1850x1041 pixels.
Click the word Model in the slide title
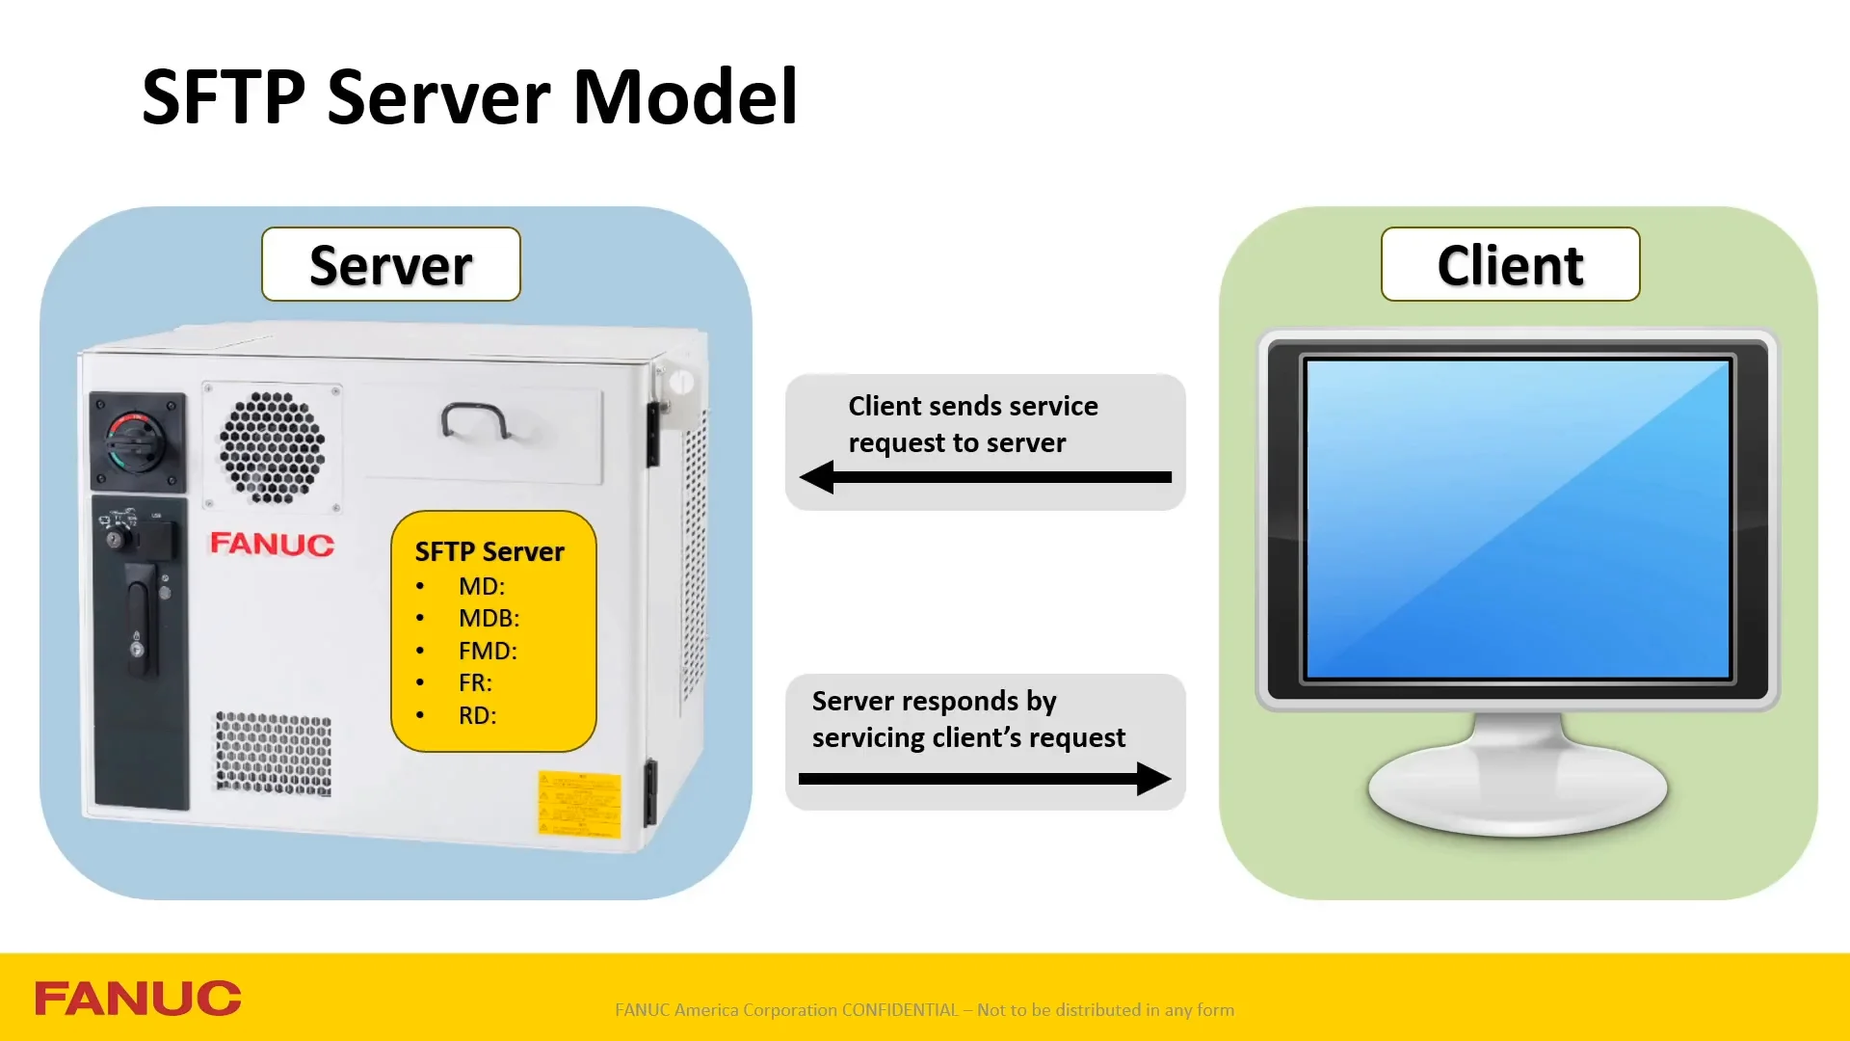tap(685, 97)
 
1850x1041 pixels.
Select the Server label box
tap(391, 265)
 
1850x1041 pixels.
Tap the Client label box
tap(1510, 265)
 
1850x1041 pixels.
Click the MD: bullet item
tap(481, 586)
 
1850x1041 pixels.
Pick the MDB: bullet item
tap(489, 618)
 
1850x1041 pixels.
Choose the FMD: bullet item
tap(488, 651)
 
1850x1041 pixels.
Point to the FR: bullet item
tap(475, 682)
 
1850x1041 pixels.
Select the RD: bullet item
tap(477, 715)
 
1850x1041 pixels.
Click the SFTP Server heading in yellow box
tap(489, 551)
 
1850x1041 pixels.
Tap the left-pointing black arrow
tap(985, 476)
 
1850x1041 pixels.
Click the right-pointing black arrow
tap(985, 779)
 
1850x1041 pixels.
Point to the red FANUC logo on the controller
tap(272, 544)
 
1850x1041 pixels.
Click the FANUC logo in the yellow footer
tap(138, 999)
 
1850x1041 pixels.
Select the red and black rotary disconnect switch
tap(137, 441)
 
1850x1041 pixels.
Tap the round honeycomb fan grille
tap(272, 447)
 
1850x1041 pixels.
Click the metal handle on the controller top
tap(474, 420)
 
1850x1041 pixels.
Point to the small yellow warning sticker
tap(579, 802)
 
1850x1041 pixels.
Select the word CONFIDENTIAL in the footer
tap(900, 1010)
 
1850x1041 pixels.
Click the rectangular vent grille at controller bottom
tap(274, 754)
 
